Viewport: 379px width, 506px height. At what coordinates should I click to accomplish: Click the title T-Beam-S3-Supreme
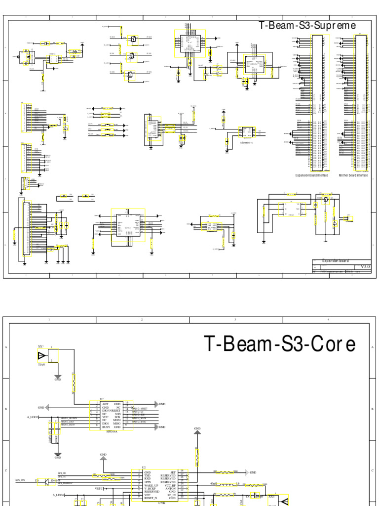coord(307,26)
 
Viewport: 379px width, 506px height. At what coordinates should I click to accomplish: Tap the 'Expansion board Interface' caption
coord(315,175)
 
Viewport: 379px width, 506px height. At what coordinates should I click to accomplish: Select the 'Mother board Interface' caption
coord(353,175)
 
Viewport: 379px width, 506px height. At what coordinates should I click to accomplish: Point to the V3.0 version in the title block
coord(365,266)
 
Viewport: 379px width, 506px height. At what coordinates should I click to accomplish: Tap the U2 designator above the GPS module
coord(144,467)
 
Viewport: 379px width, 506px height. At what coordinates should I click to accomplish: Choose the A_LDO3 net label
coord(35,418)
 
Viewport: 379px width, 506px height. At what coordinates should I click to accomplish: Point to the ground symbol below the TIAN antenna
coord(58,379)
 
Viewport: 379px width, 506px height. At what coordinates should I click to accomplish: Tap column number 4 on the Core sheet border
coord(328,320)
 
